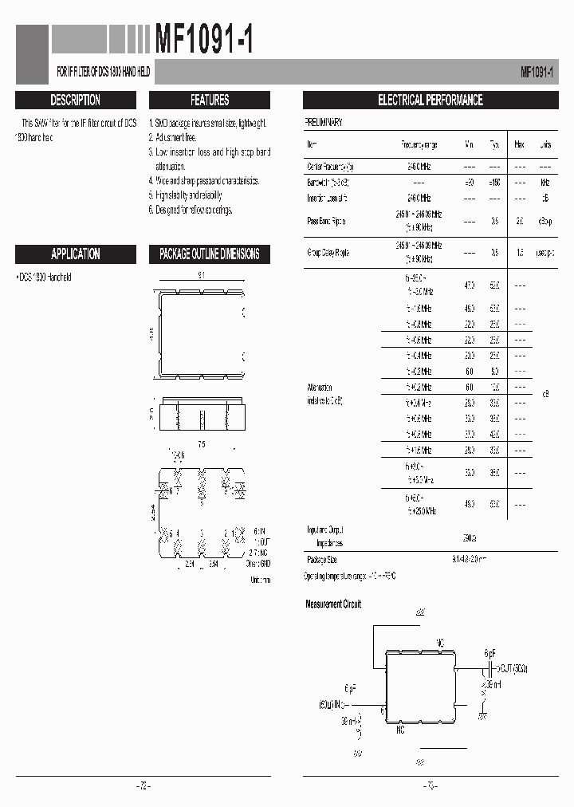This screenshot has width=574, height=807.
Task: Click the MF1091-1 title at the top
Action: [204, 40]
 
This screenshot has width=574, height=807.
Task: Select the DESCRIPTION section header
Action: [75, 100]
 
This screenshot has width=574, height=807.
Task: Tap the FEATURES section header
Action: [210, 100]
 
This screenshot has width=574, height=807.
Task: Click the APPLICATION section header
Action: [75, 254]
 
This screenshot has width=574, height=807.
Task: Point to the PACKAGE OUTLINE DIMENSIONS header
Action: [210, 254]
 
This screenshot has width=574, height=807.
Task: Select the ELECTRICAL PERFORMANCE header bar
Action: [430, 100]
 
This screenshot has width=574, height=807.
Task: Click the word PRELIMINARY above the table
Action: [324, 123]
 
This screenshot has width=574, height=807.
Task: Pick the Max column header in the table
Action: [519, 145]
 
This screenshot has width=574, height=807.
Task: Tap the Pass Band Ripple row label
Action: [327, 221]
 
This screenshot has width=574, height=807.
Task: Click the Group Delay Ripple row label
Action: [328, 253]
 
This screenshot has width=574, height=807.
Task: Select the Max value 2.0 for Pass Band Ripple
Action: [519, 221]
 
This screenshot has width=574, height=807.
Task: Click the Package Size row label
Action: [322, 560]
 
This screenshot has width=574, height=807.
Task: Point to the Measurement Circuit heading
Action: [333, 604]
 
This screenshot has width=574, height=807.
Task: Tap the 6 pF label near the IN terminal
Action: [351, 687]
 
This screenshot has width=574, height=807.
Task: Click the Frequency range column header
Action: [419, 145]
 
